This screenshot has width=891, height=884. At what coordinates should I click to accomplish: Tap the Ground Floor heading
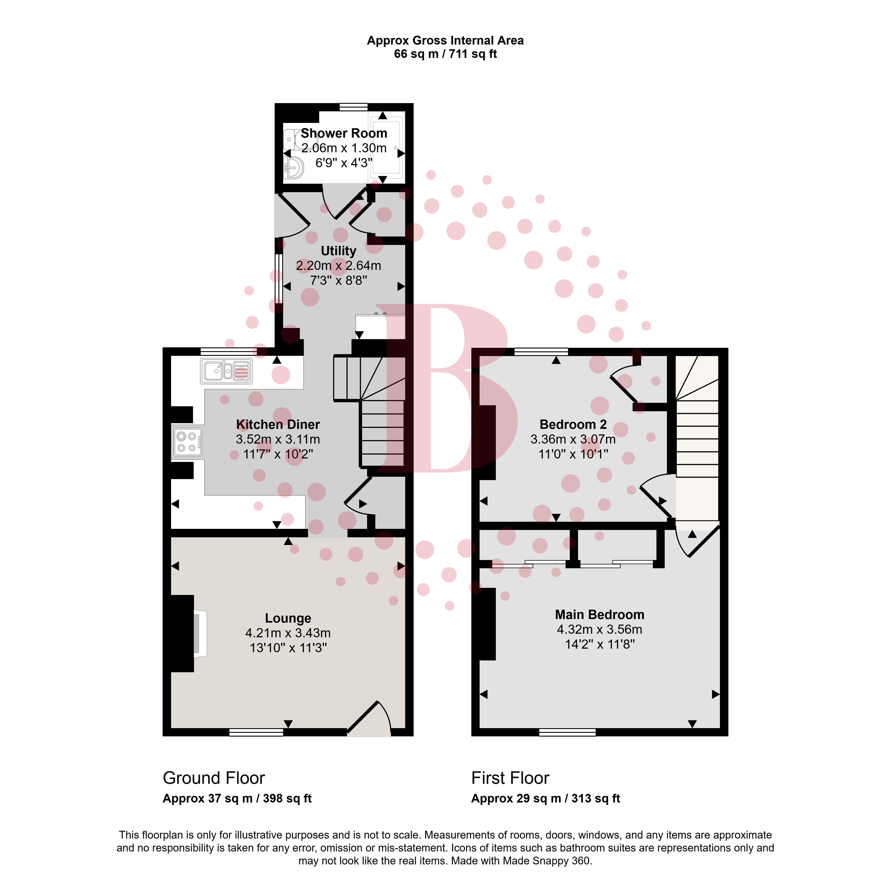[214, 778]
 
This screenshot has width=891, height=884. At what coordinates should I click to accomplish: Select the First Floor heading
[510, 778]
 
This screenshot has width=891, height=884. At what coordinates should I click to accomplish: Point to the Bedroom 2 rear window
[541, 352]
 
